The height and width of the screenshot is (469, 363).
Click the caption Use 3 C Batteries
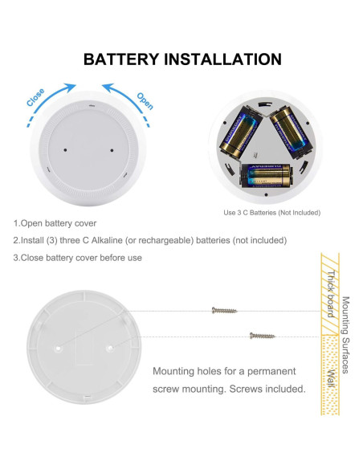(x=271, y=213)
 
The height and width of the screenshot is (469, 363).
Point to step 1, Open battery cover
(x=55, y=222)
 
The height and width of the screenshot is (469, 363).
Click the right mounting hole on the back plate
(x=110, y=348)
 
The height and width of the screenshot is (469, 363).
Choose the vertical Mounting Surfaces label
(x=345, y=335)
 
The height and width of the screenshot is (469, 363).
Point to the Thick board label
(x=329, y=295)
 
